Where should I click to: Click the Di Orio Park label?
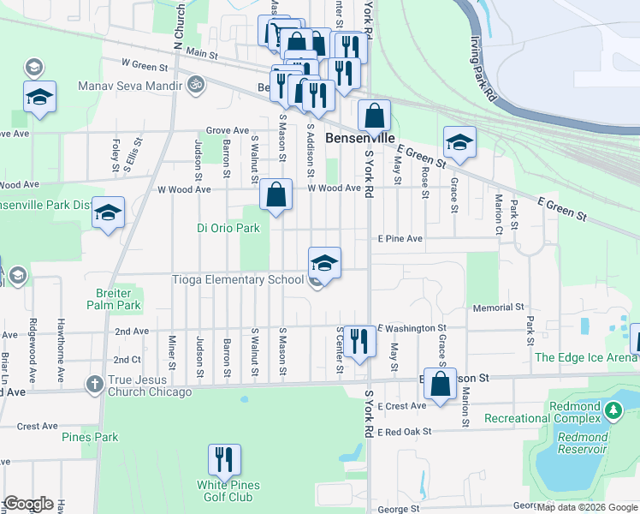coord(228,228)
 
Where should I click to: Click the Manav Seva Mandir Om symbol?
coord(194,86)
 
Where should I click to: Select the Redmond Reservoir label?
coord(582,443)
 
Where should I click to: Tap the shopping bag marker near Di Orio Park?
coord(276,195)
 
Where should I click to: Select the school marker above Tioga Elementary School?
coord(325,263)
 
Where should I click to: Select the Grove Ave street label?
coord(227,130)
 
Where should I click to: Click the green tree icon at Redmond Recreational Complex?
coord(613,410)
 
